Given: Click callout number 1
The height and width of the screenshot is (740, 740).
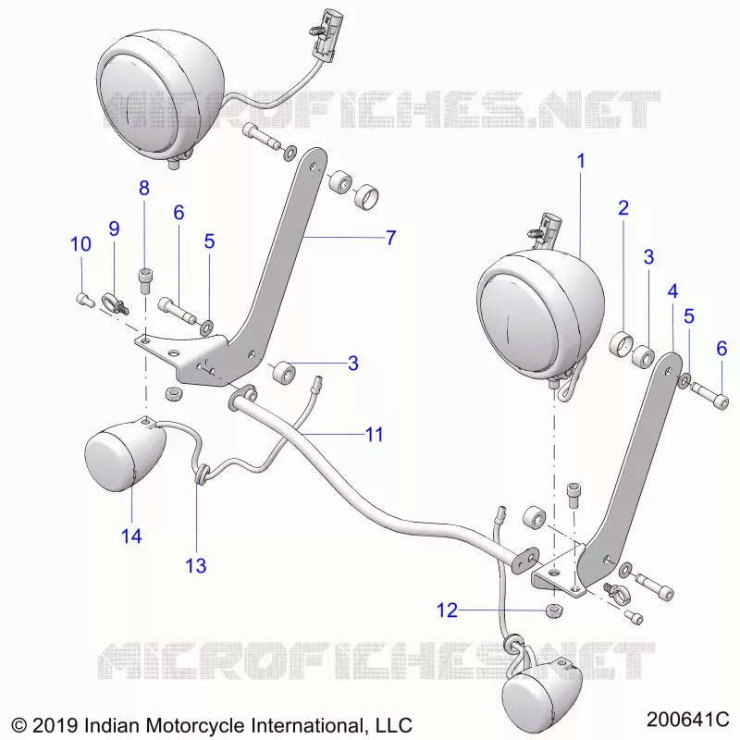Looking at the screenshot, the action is (x=581, y=161).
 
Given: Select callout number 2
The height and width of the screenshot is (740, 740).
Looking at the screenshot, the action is (x=623, y=207).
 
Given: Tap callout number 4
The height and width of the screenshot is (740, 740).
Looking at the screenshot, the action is (x=673, y=291).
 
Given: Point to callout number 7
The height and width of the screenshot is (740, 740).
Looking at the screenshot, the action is (x=390, y=238).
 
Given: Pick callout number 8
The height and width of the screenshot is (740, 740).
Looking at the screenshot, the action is (x=144, y=188).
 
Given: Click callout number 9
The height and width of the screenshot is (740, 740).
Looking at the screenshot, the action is (x=114, y=228).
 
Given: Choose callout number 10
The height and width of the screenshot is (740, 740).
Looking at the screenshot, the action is (x=80, y=244).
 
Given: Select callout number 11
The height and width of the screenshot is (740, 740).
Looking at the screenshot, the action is (x=375, y=434).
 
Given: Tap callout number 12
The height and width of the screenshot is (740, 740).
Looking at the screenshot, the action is (x=447, y=610).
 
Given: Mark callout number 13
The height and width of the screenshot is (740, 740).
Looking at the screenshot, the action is (x=196, y=565).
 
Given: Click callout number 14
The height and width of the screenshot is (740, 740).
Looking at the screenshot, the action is (x=131, y=536).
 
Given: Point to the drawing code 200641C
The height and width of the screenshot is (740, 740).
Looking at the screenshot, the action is (x=687, y=720).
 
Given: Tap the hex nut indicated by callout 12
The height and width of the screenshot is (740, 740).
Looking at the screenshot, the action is (x=553, y=610).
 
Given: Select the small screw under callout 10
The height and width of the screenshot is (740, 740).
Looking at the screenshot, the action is (x=85, y=300).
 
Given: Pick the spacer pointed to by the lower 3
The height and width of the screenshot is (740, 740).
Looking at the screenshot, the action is (x=284, y=371).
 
